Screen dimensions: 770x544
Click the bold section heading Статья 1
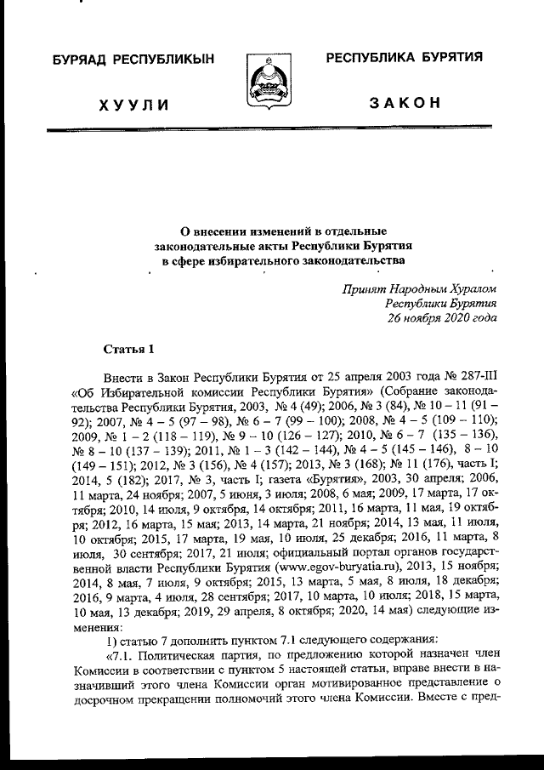point(128,349)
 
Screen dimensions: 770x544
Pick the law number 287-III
point(474,377)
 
